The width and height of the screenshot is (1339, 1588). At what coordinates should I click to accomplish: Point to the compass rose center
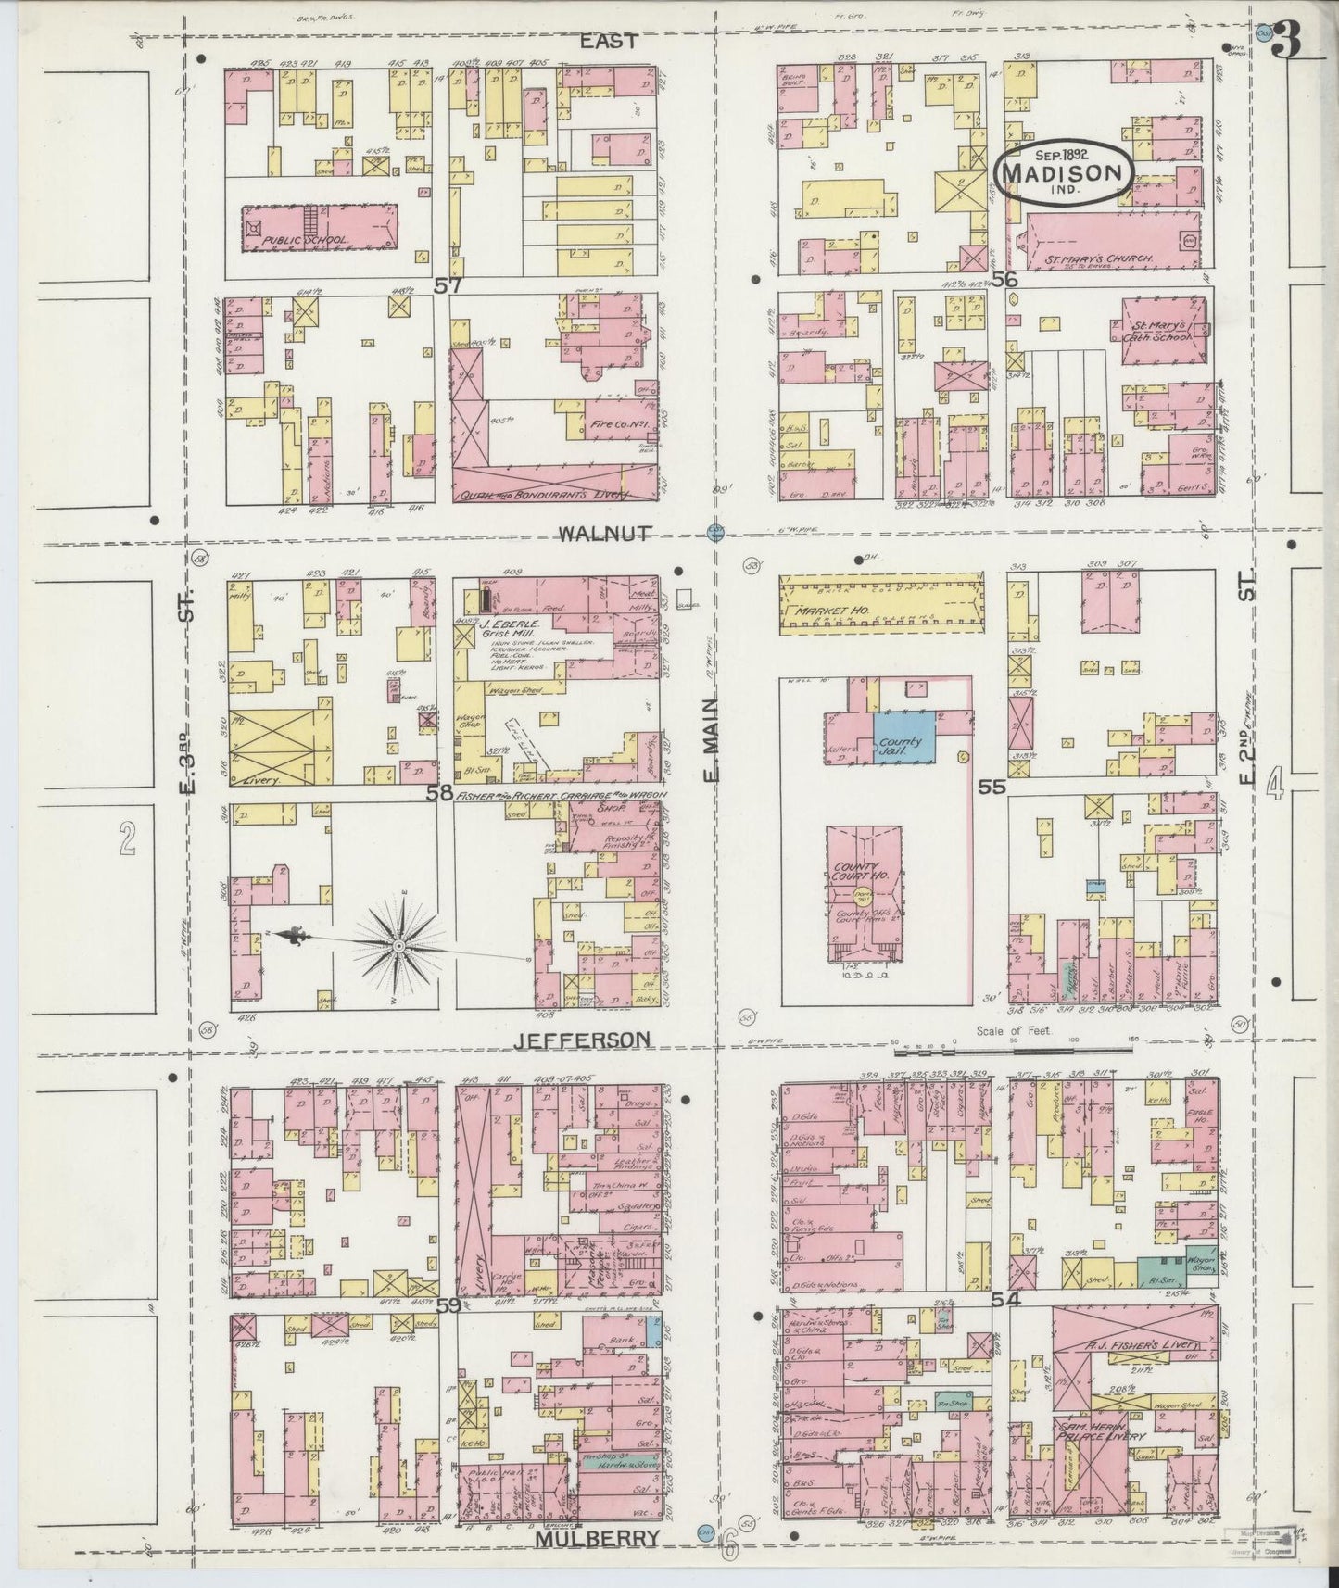[x=398, y=945]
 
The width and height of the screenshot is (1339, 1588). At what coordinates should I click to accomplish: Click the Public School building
[x=320, y=228]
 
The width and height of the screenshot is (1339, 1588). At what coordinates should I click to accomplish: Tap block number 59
[x=448, y=1305]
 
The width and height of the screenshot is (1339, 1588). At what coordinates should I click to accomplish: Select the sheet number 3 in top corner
[x=1289, y=39]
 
